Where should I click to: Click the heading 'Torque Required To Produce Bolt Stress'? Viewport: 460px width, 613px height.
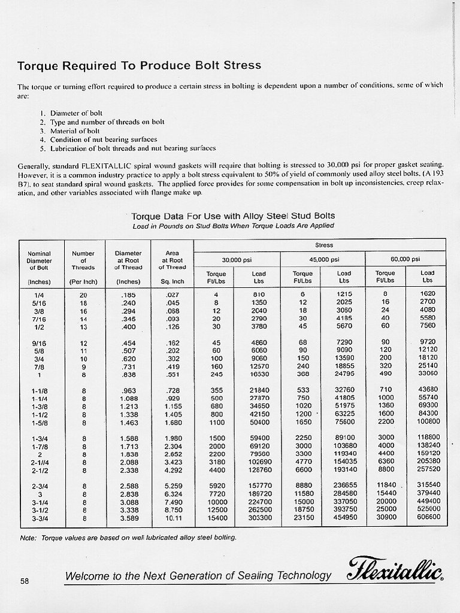point(139,65)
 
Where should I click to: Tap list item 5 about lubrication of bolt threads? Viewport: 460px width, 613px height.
point(128,148)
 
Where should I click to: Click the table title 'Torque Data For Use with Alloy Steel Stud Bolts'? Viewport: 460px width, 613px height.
point(233,216)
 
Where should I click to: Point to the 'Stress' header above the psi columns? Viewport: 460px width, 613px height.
point(324,245)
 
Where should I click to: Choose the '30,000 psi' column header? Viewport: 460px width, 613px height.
point(237,259)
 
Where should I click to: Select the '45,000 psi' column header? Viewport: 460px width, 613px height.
point(324,259)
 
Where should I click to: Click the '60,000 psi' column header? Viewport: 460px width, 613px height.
point(405,259)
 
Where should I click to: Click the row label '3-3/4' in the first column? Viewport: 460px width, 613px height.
point(40,517)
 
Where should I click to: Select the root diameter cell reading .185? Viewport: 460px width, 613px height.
point(128,295)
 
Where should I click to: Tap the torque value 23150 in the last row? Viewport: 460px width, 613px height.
point(303,517)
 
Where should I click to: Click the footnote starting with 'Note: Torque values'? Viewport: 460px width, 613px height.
point(128,537)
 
